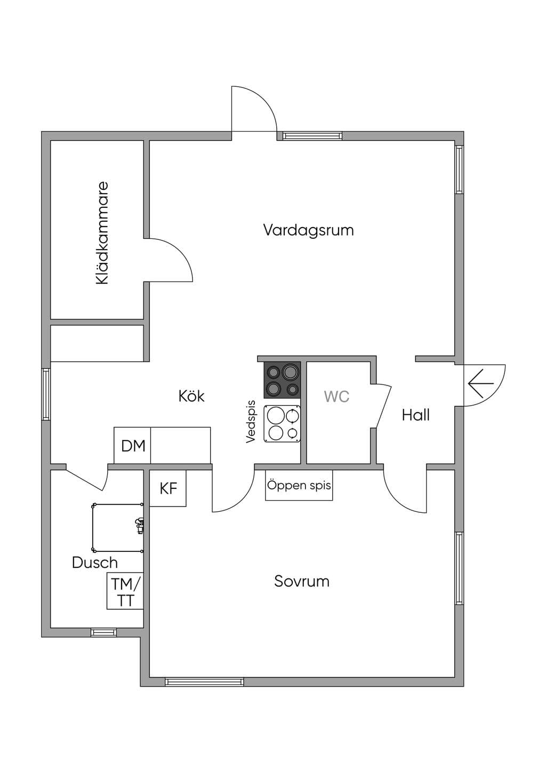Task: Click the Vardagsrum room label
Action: point(309,230)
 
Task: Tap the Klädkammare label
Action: point(102,234)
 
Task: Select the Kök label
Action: point(191,396)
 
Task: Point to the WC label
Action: point(336,397)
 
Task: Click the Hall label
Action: point(416,415)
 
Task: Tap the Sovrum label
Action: point(302,582)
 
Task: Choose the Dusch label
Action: point(95,563)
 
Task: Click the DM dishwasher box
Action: point(132,445)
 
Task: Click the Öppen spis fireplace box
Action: point(299,485)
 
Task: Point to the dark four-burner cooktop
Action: point(282,380)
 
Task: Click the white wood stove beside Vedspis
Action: point(282,423)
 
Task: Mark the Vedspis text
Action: point(251,422)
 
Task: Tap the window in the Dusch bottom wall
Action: point(103,632)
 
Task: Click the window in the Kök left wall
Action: point(46,395)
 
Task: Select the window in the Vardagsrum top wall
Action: point(312,136)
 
